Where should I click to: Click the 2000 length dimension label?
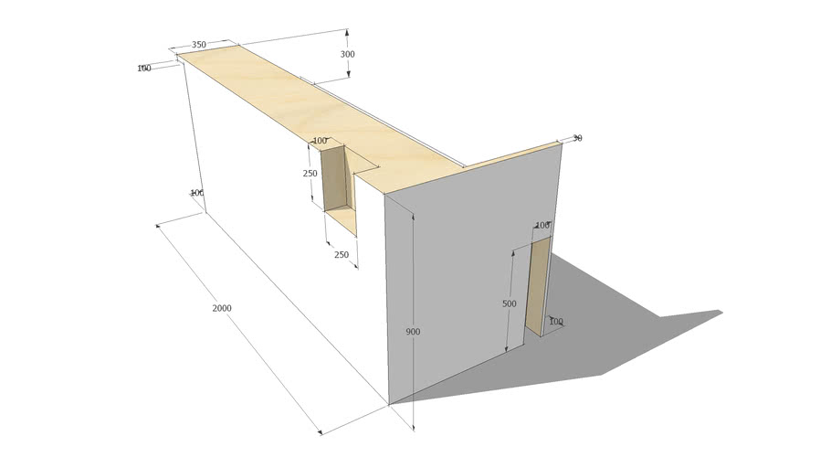tap(222, 308)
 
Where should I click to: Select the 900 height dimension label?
tap(413, 332)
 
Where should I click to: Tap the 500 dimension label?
tap(509, 303)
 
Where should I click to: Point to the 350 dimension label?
tap(199, 45)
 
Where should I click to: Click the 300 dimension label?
tap(347, 54)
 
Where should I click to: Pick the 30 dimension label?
tap(577, 138)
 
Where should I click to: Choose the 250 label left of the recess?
tap(310, 174)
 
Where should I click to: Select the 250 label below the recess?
tap(342, 255)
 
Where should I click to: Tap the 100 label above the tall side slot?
tap(542, 225)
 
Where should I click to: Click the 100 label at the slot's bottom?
tap(555, 322)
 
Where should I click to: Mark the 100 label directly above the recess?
tap(320, 141)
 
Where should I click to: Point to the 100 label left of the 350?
tap(144, 69)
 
